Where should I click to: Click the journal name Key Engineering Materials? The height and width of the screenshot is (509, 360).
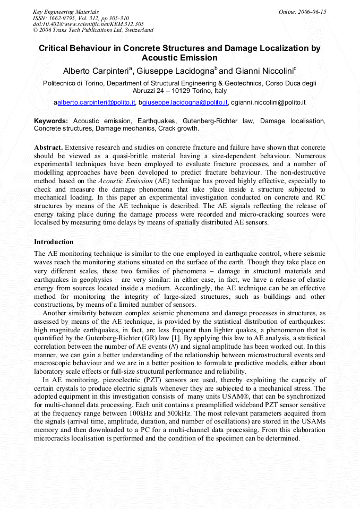point(66,11)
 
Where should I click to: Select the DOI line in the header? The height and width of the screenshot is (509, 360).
point(88,24)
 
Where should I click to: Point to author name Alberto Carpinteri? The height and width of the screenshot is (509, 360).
point(96,71)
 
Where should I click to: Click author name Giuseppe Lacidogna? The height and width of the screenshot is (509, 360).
point(174,71)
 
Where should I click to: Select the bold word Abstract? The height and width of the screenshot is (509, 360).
point(48,147)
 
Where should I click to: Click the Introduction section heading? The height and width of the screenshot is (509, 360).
point(54,242)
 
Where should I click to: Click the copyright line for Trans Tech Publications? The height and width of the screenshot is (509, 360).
point(93,30)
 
